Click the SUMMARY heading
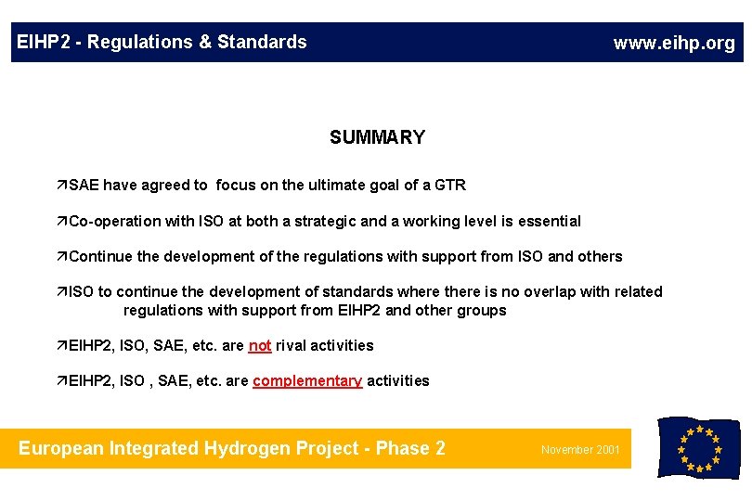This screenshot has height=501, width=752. coord(377,137)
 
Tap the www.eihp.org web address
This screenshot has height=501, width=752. coord(674,43)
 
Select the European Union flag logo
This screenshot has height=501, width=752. coord(698,448)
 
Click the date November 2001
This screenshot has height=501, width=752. coord(581,450)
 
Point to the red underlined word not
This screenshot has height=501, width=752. coord(260,346)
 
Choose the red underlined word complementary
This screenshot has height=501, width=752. coord(307,381)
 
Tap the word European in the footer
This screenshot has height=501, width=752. coord(60,449)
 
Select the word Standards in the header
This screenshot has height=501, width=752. coord(262,42)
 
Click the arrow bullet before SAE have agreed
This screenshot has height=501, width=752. coord(62,186)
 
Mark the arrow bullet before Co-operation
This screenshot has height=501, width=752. coord(62,222)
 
